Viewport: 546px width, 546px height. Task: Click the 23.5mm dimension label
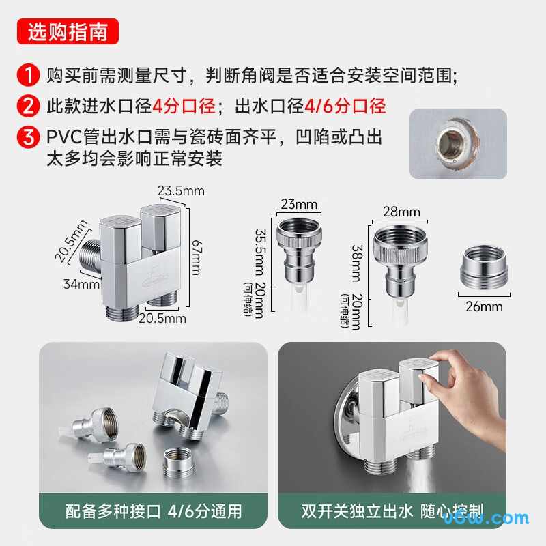pyautogui.click(x=181, y=191)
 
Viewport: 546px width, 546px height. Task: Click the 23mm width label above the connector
pyautogui.click(x=298, y=204)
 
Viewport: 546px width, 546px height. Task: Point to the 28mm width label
pyautogui.click(x=401, y=212)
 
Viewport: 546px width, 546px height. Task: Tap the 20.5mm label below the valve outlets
pyautogui.click(x=162, y=318)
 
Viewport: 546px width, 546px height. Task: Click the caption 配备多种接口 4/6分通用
pyautogui.click(x=154, y=511)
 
